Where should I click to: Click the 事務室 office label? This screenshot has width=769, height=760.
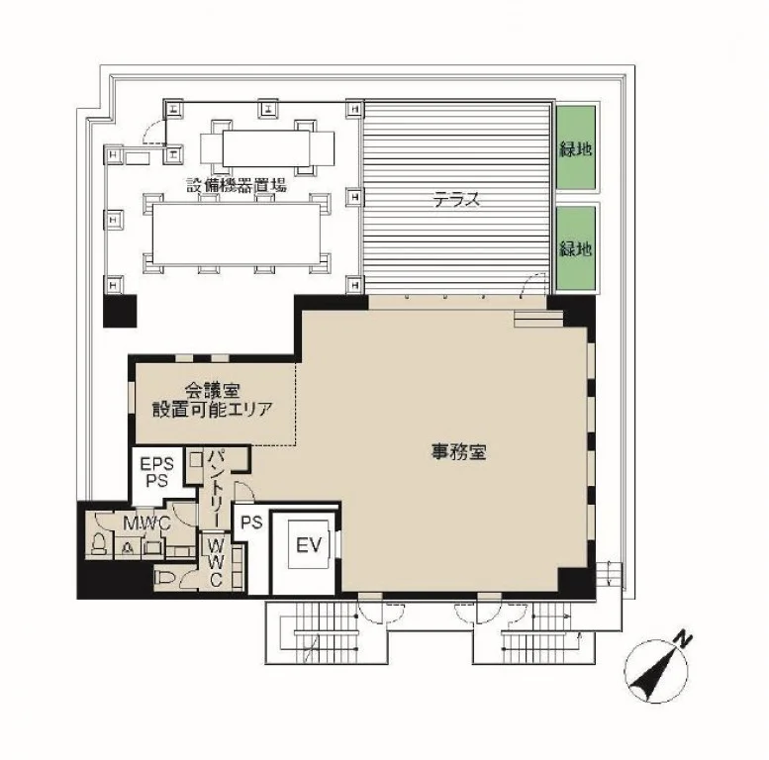pyautogui.click(x=458, y=451)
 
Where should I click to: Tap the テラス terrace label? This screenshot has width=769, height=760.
pyautogui.click(x=456, y=200)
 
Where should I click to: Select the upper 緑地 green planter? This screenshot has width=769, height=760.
pyautogui.click(x=575, y=147)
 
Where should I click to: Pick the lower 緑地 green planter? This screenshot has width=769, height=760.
pyautogui.click(x=575, y=248)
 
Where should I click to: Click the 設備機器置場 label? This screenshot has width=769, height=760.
pyautogui.click(x=237, y=185)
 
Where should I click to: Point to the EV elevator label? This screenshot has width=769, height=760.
pyautogui.click(x=309, y=545)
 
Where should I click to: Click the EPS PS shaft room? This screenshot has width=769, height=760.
pyautogui.click(x=156, y=476)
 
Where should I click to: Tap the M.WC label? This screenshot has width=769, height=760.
pyautogui.click(x=146, y=523)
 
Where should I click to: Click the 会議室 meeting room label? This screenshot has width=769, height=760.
pyautogui.click(x=212, y=390)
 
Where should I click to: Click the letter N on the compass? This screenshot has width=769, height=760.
pyautogui.click(x=683, y=639)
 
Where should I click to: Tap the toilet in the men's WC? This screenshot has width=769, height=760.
pyautogui.click(x=98, y=543)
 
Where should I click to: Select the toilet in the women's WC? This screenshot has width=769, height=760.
pyautogui.click(x=165, y=579)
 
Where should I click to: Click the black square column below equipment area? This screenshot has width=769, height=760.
pyautogui.click(x=120, y=311)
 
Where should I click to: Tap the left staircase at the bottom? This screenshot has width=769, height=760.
pyautogui.click(x=326, y=631)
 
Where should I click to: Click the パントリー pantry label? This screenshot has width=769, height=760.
pyautogui.click(x=215, y=488)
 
